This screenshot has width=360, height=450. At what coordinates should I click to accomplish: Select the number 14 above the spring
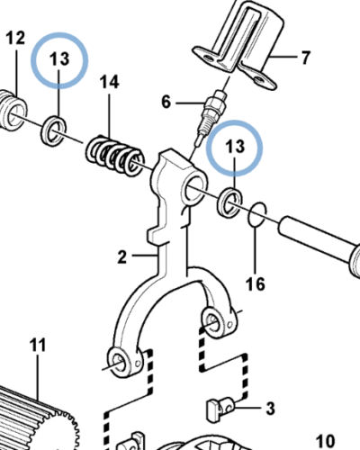pos(109,83)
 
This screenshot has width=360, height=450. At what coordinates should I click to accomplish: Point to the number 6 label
pos(165,102)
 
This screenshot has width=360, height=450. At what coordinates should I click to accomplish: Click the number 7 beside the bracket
pos(304,58)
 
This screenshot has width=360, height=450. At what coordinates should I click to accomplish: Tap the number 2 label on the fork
pos(121,258)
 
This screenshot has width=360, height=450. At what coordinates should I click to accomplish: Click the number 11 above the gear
pos(37,345)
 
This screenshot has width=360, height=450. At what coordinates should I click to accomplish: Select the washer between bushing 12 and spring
pos(52,130)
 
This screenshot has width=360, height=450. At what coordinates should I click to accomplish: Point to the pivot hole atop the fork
pos(195,188)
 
